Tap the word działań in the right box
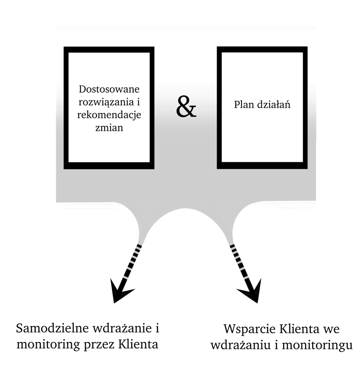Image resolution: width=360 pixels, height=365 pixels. tap(273, 105)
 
